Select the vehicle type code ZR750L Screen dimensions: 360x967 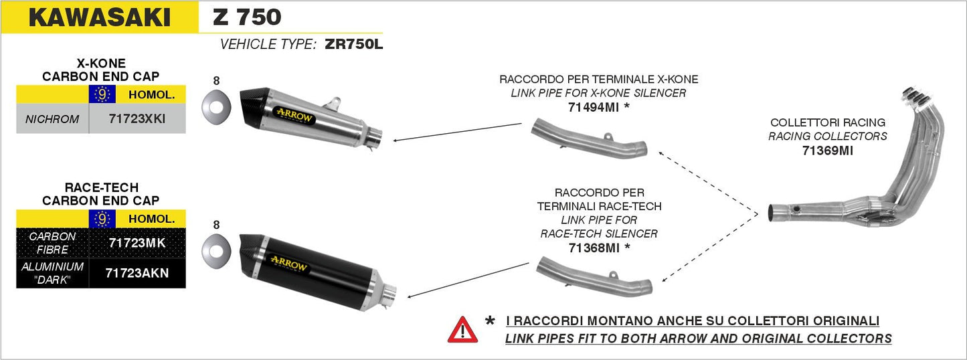click(353, 45)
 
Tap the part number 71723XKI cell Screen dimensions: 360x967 click(137, 119)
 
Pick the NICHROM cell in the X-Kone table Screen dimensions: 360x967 click(52, 119)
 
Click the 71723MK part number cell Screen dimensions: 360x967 click(137, 243)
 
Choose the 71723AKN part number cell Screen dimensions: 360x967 click(137, 273)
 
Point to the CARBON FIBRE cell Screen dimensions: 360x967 click(52, 243)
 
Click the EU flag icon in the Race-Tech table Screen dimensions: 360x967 click(102, 219)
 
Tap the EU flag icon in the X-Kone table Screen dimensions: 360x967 click(102, 95)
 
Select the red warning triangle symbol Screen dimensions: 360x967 click(462, 329)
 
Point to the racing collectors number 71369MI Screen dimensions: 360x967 click(827, 151)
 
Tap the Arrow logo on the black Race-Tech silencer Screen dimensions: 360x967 click(288, 266)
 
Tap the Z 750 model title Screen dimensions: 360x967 click(247, 17)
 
